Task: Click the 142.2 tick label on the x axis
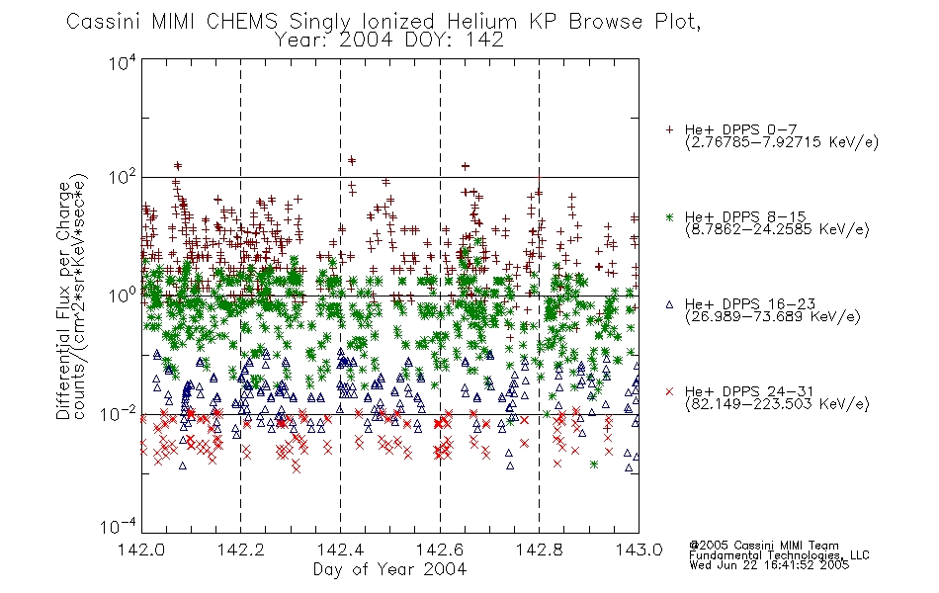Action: (x=241, y=550)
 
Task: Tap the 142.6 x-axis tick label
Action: (x=440, y=550)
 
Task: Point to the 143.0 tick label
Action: (x=639, y=550)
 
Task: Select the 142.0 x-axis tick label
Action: (x=141, y=550)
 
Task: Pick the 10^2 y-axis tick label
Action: (x=123, y=178)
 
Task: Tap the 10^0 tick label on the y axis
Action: (x=123, y=296)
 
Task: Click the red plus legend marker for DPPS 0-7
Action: (x=669, y=129)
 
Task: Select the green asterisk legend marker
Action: (x=669, y=216)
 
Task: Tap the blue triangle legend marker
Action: (x=669, y=304)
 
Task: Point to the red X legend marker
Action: (x=669, y=391)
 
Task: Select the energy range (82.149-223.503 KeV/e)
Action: (x=777, y=404)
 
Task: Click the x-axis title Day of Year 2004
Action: (x=389, y=569)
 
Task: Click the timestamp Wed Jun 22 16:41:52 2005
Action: (x=769, y=564)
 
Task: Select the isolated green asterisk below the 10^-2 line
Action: (x=594, y=465)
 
